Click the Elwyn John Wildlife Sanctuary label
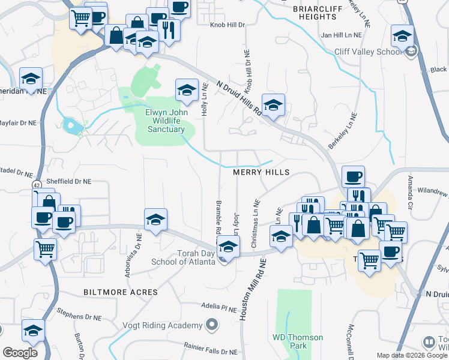pos(165,121)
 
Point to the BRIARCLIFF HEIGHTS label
pos(318,13)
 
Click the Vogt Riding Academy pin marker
pos(211,326)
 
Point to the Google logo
pos(20,353)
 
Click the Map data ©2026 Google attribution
pos(411,355)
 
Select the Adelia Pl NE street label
pos(219,307)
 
